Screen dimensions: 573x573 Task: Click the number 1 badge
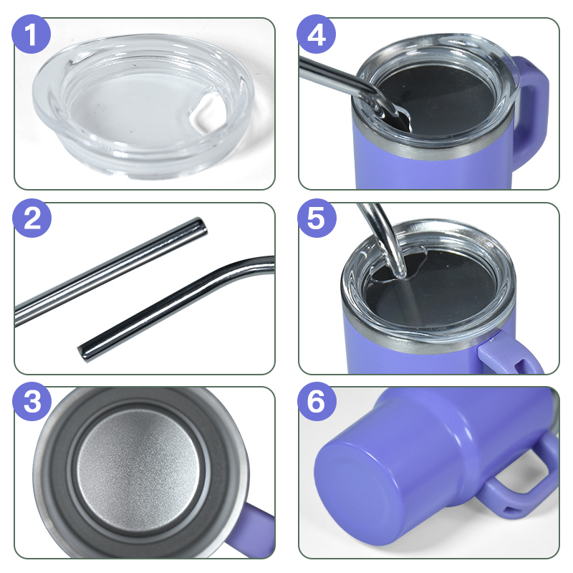[32, 34]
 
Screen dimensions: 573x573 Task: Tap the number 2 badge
[32, 218]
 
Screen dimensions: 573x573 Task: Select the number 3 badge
[32, 401]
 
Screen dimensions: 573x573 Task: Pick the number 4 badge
[316, 34]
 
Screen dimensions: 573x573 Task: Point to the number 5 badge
[316, 218]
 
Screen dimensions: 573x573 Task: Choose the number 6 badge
[316, 401]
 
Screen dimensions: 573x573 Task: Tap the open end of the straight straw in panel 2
[201, 226]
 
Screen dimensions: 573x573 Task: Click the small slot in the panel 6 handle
[509, 509]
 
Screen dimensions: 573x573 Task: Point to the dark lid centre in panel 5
[431, 289]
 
